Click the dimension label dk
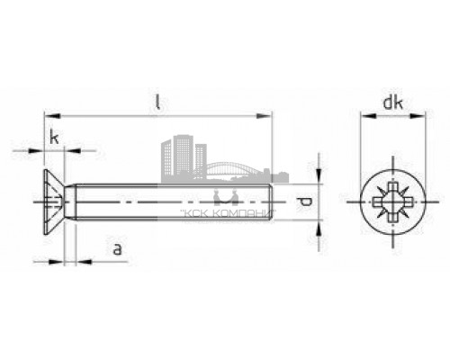point(391,103)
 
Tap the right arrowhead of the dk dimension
point(418,115)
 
